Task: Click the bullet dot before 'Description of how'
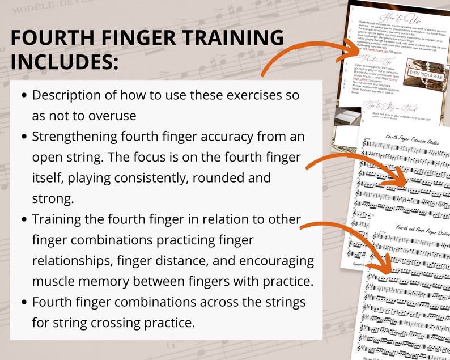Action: coord(24,95)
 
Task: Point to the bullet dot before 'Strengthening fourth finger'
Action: coord(24,137)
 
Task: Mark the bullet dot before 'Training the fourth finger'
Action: coord(24,219)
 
